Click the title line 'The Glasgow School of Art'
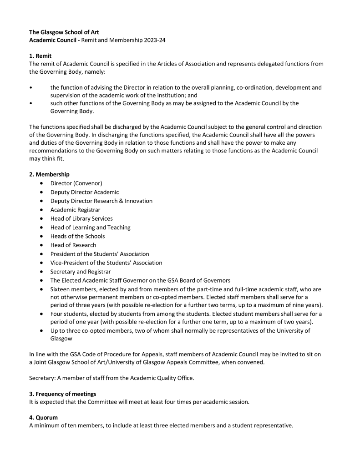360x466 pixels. (x=64, y=32)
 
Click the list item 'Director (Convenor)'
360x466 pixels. (x=76, y=183)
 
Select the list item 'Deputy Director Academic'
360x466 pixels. (x=85, y=192)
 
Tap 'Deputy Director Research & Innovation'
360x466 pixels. (x=101, y=201)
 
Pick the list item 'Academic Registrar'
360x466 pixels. (x=75, y=210)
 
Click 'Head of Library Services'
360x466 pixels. (x=81, y=218)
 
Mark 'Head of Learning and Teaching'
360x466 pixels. (x=90, y=227)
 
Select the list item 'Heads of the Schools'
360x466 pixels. (x=77, y=236)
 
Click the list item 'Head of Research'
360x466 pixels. (x=73, y=245)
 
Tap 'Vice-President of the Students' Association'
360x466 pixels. (x=106, y=263)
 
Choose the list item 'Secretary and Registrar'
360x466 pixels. (x=81, y=272)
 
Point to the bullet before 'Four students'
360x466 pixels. (x=42, y=314)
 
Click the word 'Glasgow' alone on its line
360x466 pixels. (x=61, y=339)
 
